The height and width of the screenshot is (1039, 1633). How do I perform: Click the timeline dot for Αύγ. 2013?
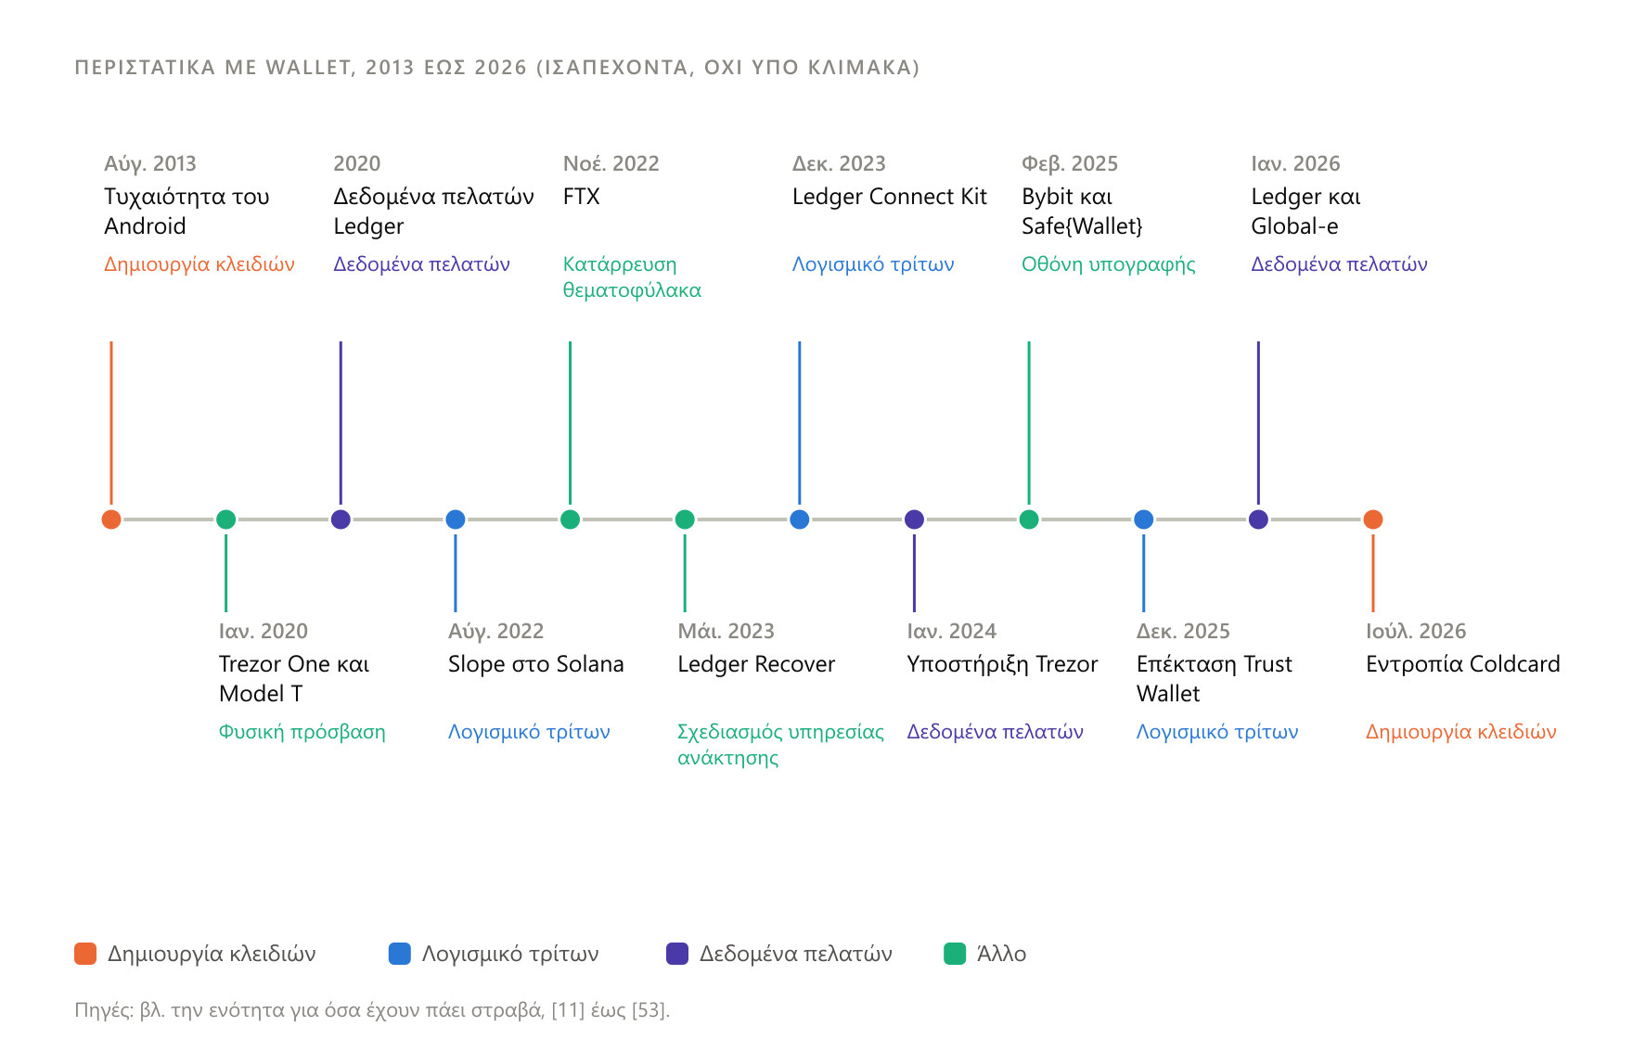(x=111, y=519)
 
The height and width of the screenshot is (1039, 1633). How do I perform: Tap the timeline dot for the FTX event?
(x=571, y=519)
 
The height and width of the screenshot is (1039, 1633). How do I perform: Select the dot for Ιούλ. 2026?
(x=1373, y=519)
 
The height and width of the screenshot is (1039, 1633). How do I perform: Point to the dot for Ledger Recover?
(x=685, y=519)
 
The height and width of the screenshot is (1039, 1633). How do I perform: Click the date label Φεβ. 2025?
(x=1070, y=164)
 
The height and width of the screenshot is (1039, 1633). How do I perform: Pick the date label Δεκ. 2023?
(x=839, y=164)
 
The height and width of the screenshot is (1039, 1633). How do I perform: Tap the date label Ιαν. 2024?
(x=952, y=632)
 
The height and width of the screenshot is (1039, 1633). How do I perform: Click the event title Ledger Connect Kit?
(x=890, y=197)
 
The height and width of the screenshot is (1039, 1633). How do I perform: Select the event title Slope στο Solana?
(x=536, y=664)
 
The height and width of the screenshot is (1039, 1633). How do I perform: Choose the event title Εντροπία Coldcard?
(x=1463, y=664)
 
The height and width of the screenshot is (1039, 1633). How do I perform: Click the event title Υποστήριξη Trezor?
(x=1002, y=664)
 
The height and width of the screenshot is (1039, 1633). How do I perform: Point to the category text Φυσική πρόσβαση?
(x=302, y=732)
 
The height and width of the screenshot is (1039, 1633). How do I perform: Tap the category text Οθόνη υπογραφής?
(x=1109, y=264)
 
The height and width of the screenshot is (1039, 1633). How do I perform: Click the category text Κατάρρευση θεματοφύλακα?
(x=632, y=277)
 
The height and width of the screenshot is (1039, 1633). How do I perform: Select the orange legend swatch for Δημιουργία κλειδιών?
(x=85, y=954)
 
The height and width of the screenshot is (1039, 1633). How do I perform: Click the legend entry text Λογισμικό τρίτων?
(x=510, y=954)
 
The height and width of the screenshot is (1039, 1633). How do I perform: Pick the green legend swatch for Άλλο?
(x=955, y=954)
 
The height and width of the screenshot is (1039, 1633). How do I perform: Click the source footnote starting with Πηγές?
(x=372, y=1010)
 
